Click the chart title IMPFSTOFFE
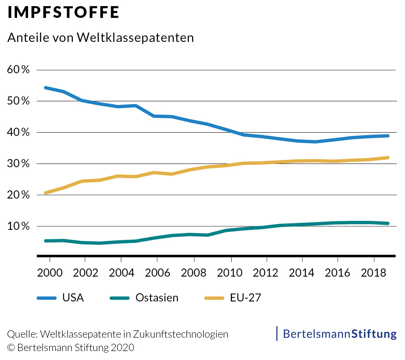pyautogui.click(x=63, y=13)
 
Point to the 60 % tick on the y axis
pyautogui.click(x=19, y=70)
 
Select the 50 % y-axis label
pyautogui.click(x=19, y=101)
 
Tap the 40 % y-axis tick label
pyautogui.click(x=19, y=132)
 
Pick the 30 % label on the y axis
pyautogui.click(x=19, y=164)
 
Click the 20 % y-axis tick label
pyautogui.click(x=19, y=195)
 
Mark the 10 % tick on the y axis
pyautogui.click(x=19, y=226)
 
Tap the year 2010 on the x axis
pyautogui.click(x=231, y=272)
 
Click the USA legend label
pyautogui.click(x=73, y=298)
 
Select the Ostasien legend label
pyautogui.click(x=157, y=298)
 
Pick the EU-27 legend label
pyautogui.click(x=245, y=298)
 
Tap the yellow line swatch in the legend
pyautogui.click(x=214, y=298)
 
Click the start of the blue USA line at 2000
pyautogui.click(x=46, y=87)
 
